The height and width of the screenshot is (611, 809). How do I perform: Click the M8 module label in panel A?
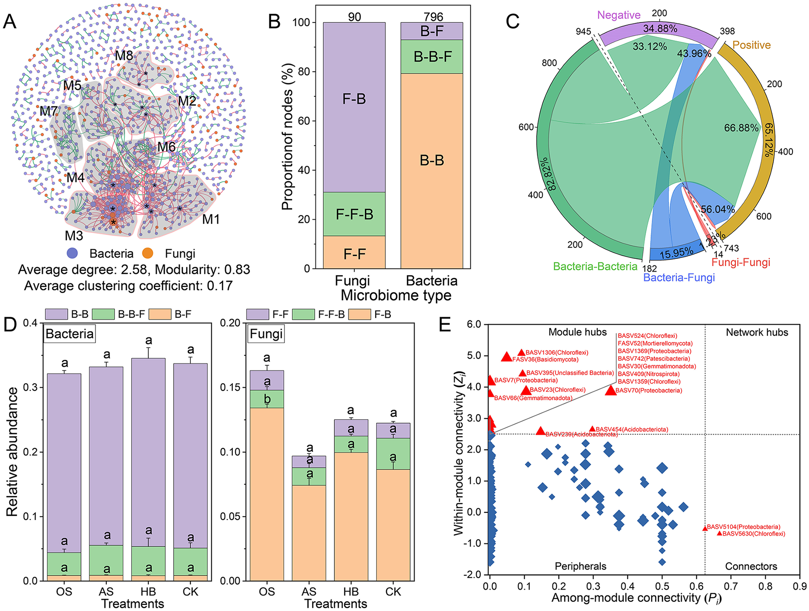coord(124,56)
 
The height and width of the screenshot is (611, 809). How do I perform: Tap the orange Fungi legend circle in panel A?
coord(147,253)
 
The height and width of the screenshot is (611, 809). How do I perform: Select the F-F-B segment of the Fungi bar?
coord(354,214)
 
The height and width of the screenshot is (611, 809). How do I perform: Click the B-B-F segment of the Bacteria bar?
coord(432,57)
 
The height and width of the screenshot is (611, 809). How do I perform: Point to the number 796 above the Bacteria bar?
coord(433,17)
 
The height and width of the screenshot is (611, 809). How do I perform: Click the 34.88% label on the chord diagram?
coord(660,29)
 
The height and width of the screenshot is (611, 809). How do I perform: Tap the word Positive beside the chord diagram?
coord(751,45)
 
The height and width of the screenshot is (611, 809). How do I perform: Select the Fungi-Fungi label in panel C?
coord(741,263)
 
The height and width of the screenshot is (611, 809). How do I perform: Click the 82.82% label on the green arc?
coord(551,174)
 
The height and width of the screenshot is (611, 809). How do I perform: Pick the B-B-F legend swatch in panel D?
coord(103,314)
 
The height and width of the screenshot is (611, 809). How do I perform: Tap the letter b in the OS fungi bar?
coord(267,399)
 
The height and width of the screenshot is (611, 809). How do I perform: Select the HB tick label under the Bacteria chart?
coord(148,592)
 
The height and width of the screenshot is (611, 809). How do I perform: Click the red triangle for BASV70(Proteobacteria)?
coord(610,390)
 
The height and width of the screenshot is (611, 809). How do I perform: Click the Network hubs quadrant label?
coord(756,332)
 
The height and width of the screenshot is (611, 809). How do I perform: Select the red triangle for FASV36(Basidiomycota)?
coord(506,357)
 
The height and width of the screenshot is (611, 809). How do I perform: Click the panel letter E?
coord(445,325)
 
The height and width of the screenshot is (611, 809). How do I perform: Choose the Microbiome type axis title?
coord(396,295)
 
